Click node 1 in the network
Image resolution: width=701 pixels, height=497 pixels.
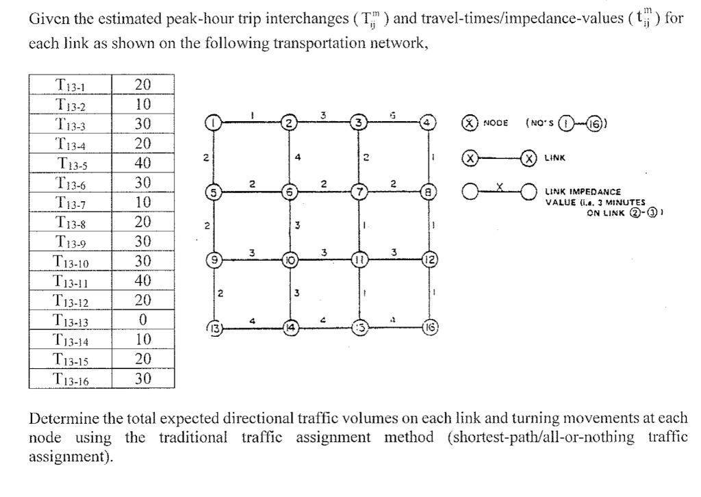(215, 124)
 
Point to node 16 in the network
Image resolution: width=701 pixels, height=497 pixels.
(429, 327)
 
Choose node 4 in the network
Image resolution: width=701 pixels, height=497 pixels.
(428, 124)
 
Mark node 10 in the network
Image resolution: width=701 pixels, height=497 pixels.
(290, 260)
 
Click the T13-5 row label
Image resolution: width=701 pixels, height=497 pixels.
(71, 164)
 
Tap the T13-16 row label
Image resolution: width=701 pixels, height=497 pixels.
(71, 379)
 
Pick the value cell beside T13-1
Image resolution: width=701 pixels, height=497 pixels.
(143, 85)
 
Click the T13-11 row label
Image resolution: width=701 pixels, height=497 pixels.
(71, 281)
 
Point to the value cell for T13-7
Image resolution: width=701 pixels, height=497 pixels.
(143, 203)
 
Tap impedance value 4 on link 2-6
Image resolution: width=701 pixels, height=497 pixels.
(297, 156)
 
